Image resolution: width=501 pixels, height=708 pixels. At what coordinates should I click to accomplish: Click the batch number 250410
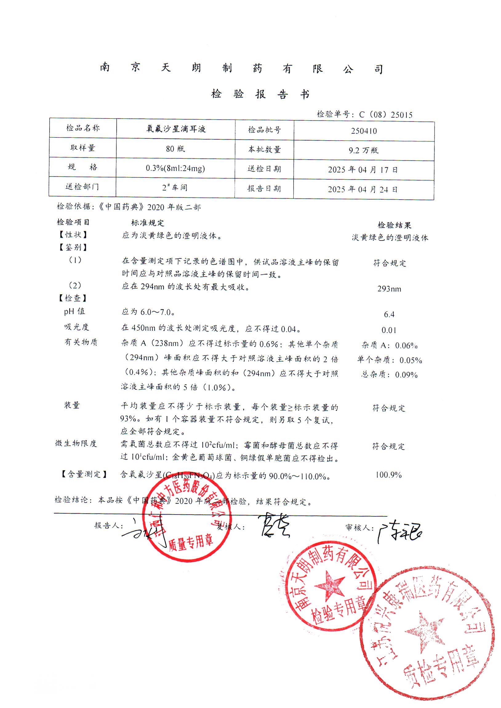point(364,131)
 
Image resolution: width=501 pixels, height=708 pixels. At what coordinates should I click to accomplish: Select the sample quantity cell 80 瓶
point(175,149)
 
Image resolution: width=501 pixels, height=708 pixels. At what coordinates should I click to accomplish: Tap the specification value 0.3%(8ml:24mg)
point(175,168)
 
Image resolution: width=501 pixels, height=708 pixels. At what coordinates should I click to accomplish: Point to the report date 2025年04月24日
point(363,189)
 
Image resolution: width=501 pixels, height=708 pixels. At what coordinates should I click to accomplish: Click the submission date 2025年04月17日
point(363,170)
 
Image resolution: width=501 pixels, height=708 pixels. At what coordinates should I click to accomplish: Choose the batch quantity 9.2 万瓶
point(363,150)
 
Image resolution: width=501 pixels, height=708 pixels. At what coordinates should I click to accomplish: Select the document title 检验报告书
point(260,94)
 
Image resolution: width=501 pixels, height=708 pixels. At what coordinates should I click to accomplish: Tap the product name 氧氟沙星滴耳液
point(176,129)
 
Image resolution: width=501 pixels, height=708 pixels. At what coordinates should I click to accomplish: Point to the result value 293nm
point(389,289)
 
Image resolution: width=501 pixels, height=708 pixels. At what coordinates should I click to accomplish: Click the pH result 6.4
point(389,314)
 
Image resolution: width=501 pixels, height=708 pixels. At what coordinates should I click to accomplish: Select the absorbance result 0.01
point(389,330)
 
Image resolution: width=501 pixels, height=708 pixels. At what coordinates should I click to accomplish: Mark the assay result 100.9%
point(388,475)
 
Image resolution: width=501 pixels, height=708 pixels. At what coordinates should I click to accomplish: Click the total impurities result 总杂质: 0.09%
point(389,375)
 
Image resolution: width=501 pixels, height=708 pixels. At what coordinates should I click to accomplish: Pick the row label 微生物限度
point(76,443)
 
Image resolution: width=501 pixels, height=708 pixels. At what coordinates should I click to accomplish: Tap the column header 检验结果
point(395,225)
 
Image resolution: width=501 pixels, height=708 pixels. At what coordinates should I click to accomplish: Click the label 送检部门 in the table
point(82,187)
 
